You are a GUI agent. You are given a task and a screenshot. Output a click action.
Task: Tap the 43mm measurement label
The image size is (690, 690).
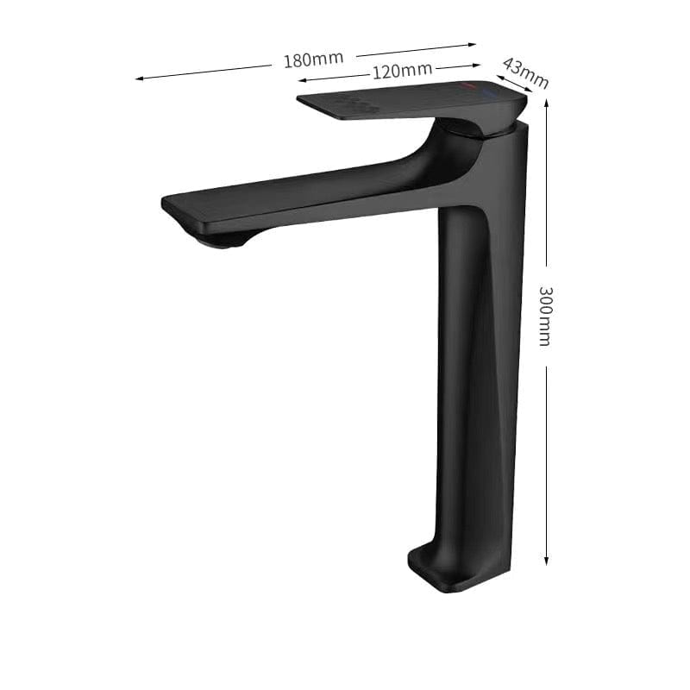tap(524, 72)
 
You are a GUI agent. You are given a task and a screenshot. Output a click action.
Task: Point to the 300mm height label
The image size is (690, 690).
tap(543, 315)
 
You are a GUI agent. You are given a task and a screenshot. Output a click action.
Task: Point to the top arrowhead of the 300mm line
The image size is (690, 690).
tap(546, 102)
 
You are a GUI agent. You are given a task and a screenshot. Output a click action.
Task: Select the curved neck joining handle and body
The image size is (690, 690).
tap(448, 151)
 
